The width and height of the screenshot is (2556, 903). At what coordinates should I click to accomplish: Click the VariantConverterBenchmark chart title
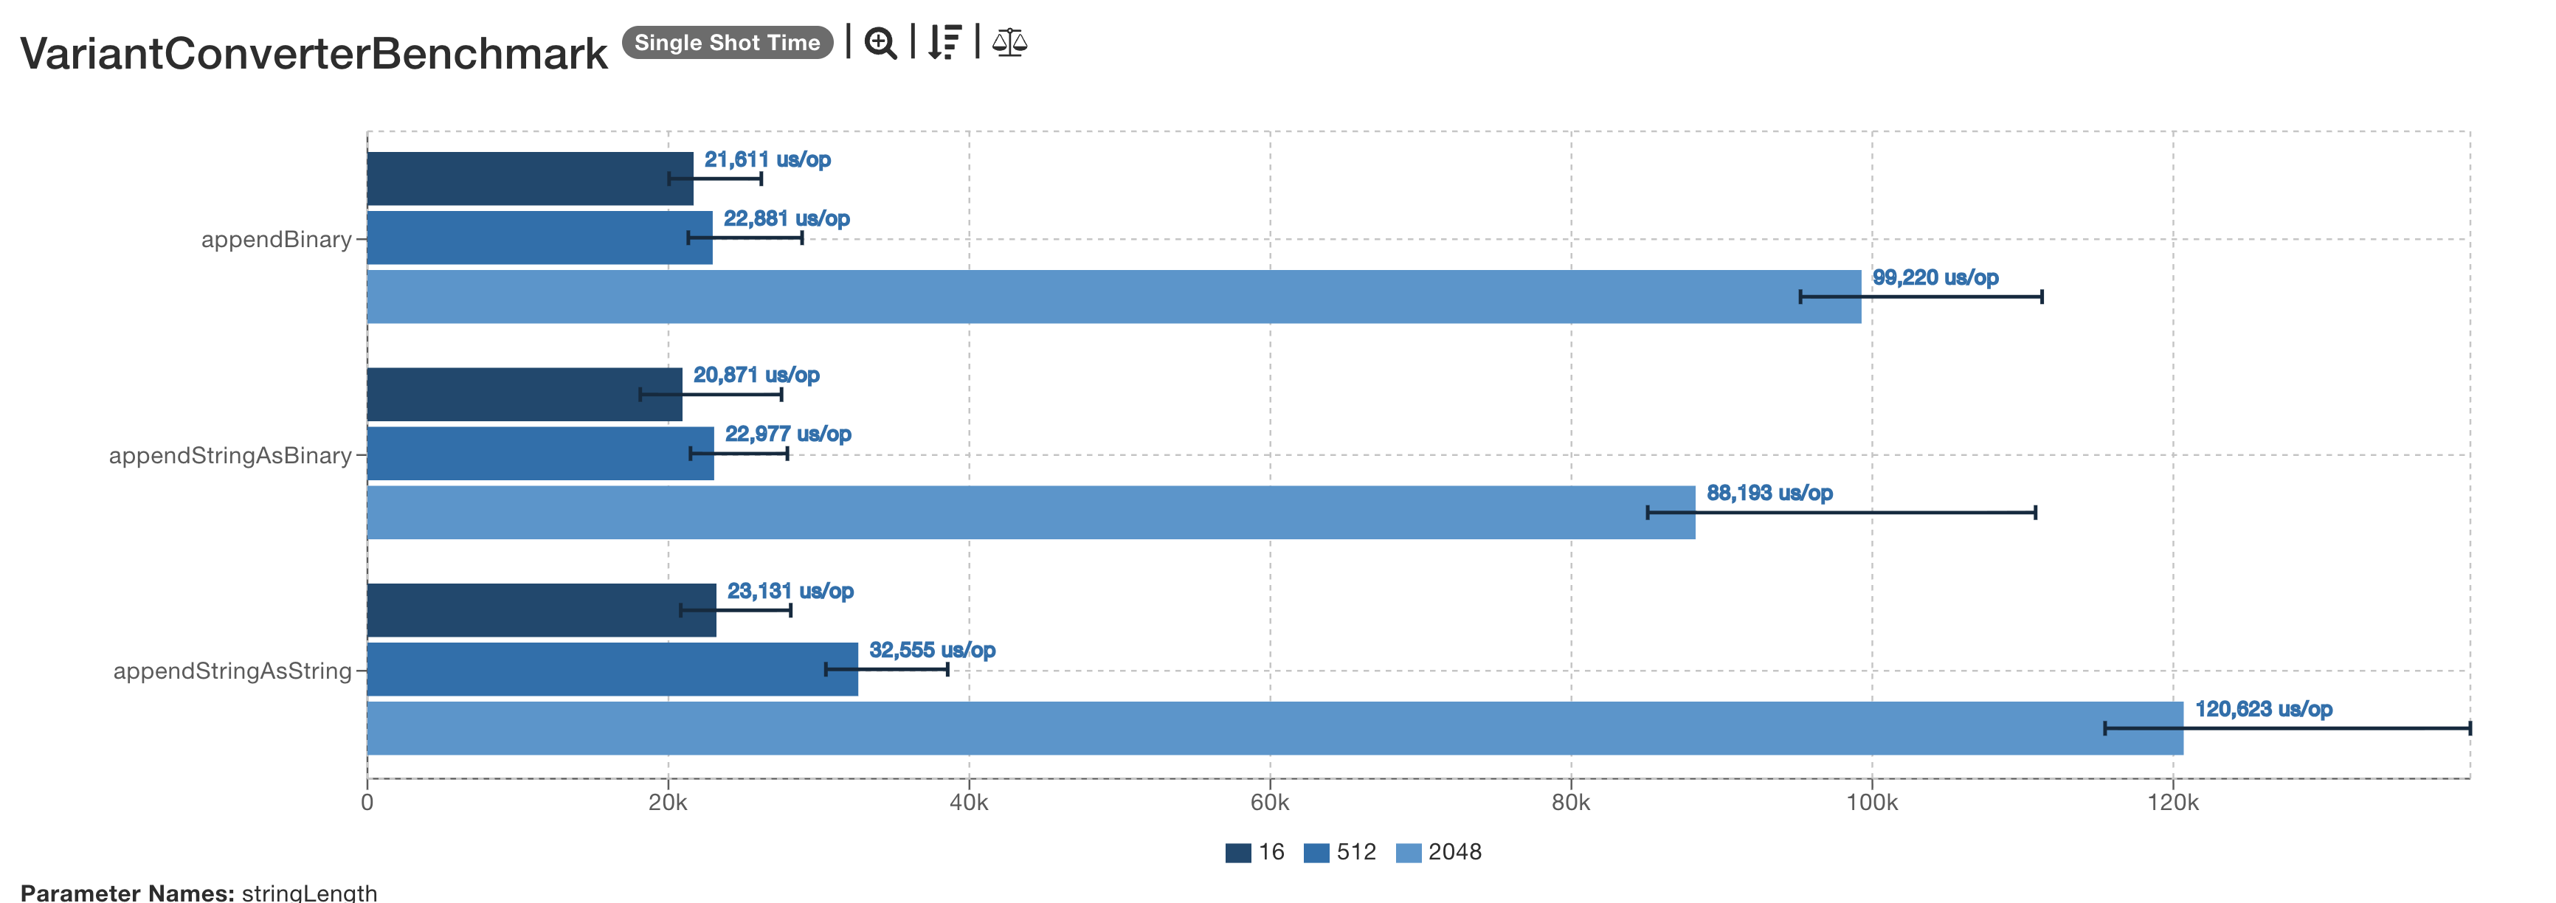(x=314, y=54)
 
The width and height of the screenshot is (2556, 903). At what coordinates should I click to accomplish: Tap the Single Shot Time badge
(x=728, y=43)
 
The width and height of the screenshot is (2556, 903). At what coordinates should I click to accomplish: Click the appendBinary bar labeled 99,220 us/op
(x=1113, y=297)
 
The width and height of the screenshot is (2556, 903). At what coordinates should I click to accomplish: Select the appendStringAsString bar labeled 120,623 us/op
(x=1274, y=728)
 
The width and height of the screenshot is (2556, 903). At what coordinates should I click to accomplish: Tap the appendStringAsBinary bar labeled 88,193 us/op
(x=1031, y=513)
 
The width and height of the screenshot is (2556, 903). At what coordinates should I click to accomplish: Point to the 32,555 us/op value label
(x=932, y=650)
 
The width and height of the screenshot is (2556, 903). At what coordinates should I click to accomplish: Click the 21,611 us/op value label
(x=767, y=160)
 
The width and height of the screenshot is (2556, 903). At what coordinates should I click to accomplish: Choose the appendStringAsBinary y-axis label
(x=230, y=455)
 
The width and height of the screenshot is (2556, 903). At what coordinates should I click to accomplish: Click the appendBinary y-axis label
(x=276, y=239)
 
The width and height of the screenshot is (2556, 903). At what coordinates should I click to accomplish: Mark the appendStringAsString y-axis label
(x=232, y=671)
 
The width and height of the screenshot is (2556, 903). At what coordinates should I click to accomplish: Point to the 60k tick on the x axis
(x=1269, y=803)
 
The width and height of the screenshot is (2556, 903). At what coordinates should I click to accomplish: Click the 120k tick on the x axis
(x=2172, y=803)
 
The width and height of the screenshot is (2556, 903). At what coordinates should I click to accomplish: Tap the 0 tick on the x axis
(x=367, y=803)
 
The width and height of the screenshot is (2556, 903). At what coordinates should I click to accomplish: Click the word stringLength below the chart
(x=308, y=892)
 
